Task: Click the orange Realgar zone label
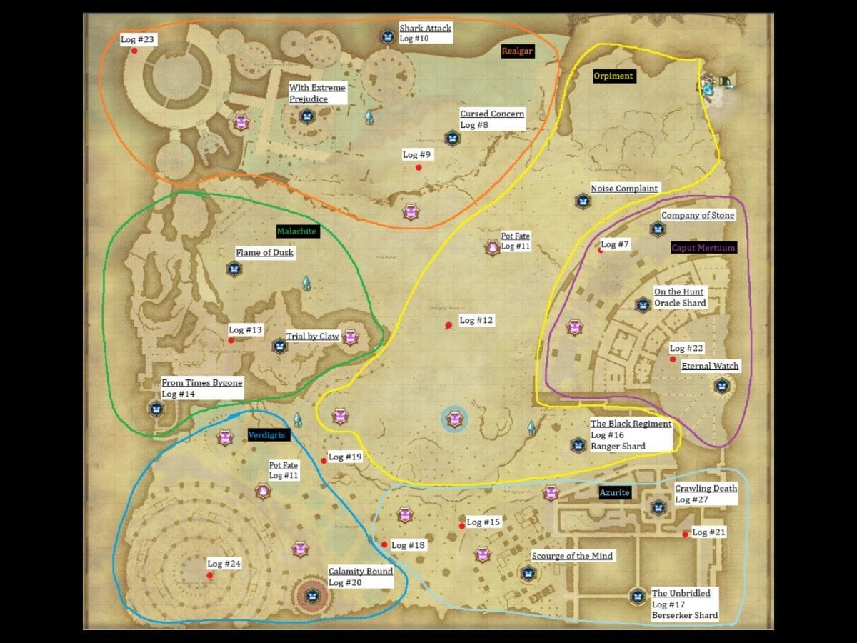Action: click(x=518, y=51)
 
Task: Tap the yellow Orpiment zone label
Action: click(x=613, y=76)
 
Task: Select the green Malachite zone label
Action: click(x=296, y=231)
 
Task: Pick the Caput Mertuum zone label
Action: click(x=703, y=248)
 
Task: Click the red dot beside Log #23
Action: click(x=134, y=51)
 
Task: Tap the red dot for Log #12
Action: click(x=448, y=326)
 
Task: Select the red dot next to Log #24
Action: click(x=209, y=575)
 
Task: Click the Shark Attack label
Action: click(x=425, y=28)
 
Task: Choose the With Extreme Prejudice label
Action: click(x=317, y=94)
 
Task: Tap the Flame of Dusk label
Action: click(x=264, y=252)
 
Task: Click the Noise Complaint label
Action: click(x=624, y=189)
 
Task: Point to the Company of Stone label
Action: click(x=697, y=215)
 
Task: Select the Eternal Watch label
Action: click(x=710, y=367)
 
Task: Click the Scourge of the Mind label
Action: click(x=572, y=556)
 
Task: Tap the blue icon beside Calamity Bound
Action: click(x=312, y=594)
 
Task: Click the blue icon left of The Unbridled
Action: click(x=637, y=596)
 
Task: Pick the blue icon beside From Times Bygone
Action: click(x=156, y=409)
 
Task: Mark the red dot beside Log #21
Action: click(x=686, y=534)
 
